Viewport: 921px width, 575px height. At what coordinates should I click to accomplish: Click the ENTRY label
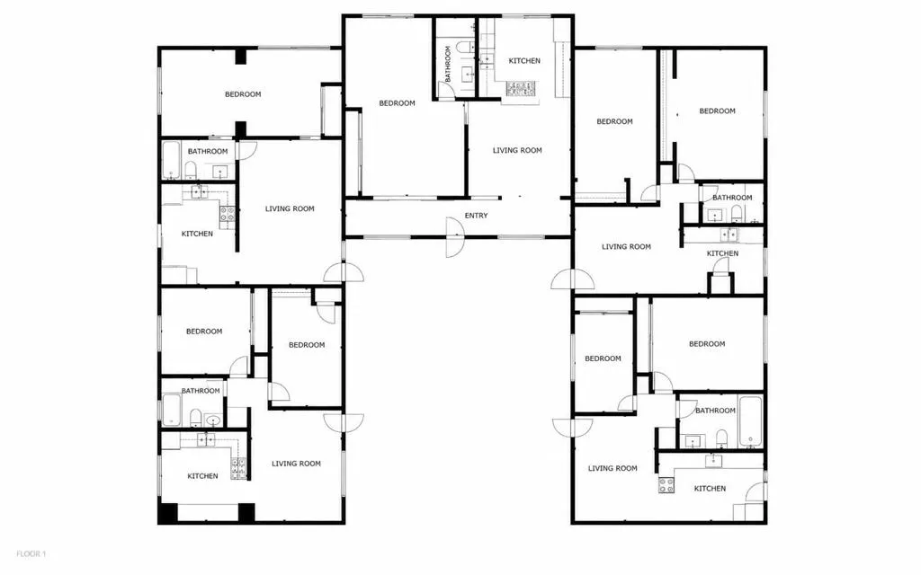coord(476,216)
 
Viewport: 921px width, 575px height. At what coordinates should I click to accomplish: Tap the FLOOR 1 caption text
coord(31,553)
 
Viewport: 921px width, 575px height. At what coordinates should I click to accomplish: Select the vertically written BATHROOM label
coord(448,64)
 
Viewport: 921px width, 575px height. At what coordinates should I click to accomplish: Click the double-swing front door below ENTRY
coord(454,237)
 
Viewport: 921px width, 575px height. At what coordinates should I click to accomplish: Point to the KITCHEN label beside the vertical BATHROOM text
coord(524,61)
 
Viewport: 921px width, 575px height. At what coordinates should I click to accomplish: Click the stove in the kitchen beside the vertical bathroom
coord(521,89)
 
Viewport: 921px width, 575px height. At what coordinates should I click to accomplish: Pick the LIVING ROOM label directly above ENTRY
coord(517,150)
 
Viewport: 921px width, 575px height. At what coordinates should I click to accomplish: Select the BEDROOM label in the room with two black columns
coord(243,94)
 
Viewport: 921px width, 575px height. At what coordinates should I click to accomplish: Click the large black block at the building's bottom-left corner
coord(168,512)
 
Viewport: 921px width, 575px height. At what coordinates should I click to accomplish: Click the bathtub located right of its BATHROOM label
coord(751,421)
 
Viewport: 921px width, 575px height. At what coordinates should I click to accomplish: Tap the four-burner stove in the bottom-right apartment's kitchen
coord(666,485)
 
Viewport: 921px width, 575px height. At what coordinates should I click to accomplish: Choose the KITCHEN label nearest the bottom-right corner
coord(710,489)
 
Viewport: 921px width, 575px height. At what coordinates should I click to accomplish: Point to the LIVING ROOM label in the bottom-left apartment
coord(296,464)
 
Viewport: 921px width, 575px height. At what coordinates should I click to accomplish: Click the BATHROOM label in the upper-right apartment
coord(732,198)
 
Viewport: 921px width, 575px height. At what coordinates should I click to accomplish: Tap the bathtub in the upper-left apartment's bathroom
coord(171,160)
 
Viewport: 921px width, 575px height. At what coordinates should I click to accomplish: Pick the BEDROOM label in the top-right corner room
coord(717,111)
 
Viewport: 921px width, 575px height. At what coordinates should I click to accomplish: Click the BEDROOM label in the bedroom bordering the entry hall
coord(397,103)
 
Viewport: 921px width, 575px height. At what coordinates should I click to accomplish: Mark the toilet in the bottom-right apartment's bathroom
coord(721,438)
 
